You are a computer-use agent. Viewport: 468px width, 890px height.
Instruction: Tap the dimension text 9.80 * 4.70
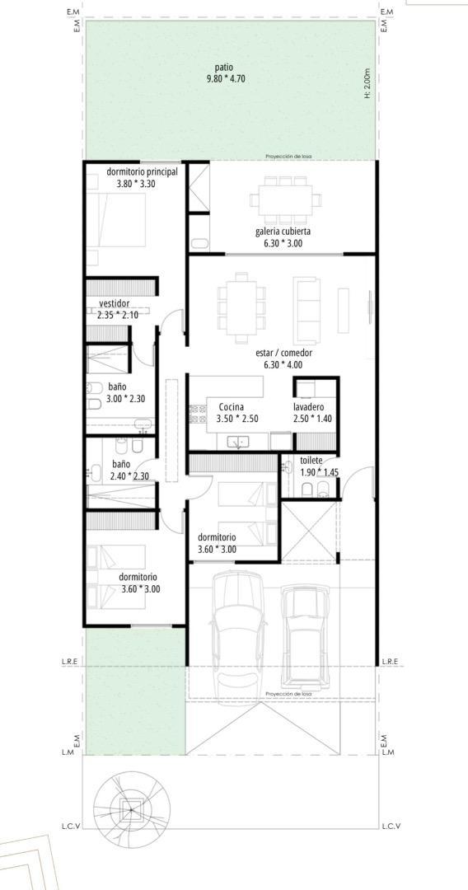click(226, 79)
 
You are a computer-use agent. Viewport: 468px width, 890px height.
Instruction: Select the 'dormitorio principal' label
click(142, 172)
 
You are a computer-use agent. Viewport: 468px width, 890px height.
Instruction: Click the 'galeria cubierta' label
click(283, 232)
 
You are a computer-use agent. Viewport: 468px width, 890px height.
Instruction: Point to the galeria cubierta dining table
click(285, 198)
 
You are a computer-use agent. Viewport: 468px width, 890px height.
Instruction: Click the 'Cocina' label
click(232, 407)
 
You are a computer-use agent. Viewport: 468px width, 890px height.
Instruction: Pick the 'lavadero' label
click(309, 407)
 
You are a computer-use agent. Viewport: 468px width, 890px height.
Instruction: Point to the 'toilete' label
click(311, 461)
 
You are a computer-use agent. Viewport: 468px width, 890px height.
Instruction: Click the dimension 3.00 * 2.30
click(125, 399)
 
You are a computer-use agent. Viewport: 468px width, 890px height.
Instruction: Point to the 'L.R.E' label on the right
click(390, 662)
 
